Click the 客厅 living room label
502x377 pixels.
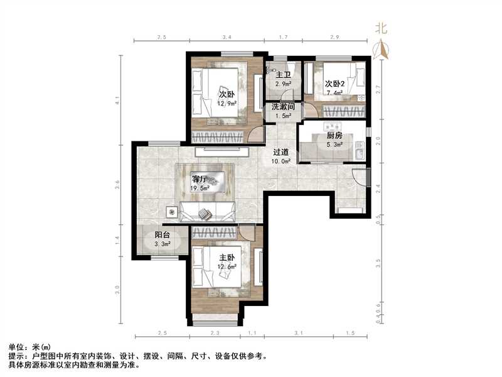[201, 178]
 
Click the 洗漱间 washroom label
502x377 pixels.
[283, 107]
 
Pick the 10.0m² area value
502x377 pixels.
[281, 161]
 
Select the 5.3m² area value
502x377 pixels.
[334, 145]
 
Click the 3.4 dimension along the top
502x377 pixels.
[227, 38]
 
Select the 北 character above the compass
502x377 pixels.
[380, 28]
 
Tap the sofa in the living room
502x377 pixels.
[208, 211]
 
